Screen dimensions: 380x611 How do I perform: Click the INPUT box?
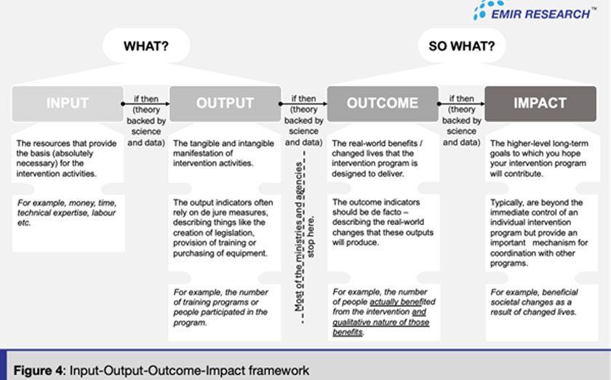click(68, 103)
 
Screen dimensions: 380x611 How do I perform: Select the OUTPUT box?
click(225, 103)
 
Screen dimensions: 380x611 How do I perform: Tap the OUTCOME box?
click(382, 103)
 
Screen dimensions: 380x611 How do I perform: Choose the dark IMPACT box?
click(540, 103)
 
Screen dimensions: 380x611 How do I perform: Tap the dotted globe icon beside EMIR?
click(484, 10)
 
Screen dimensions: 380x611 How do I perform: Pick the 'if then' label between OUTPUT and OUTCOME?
click(303, 98)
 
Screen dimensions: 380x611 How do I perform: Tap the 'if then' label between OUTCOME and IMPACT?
click(461, 98)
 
